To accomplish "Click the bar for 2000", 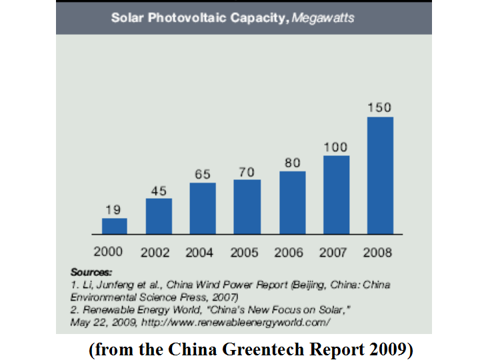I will point(114,226).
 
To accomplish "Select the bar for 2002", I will point(159,216).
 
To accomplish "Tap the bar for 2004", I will point(203,208).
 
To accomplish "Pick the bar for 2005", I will point(247,207).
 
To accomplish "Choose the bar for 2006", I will point(292,203).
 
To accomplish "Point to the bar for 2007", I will point(336,195).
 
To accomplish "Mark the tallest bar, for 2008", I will point(380,175).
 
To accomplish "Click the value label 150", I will point(380,107).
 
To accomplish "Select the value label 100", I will point(336,147).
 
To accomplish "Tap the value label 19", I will point(114,209).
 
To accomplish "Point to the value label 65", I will point(203,174).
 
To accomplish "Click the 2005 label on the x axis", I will point(245,253).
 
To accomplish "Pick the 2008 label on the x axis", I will point(377,253).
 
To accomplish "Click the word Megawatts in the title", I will point(324,18).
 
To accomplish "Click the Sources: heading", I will point(91,273).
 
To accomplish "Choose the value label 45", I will point(159,191).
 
